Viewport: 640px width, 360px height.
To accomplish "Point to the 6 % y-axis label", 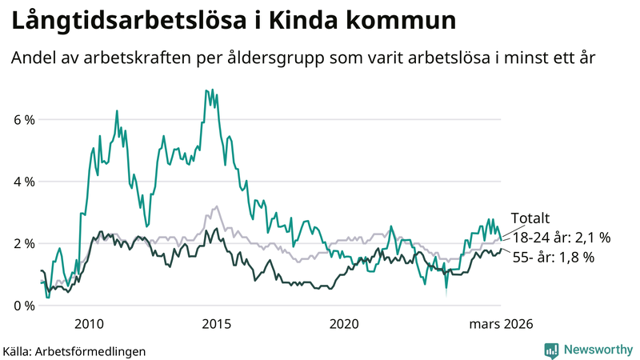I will point(23,120).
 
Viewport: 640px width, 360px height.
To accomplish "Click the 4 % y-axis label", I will point(23,182).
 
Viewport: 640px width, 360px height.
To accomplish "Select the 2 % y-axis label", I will point(23,243).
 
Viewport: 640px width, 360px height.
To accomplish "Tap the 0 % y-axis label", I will point(23,306).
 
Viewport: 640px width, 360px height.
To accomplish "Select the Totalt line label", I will point(530,218).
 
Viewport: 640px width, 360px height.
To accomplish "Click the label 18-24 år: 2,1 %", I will point(561,238).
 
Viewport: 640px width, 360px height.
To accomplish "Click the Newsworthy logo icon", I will point(551,350).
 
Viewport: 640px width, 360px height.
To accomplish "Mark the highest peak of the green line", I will point(206,90).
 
